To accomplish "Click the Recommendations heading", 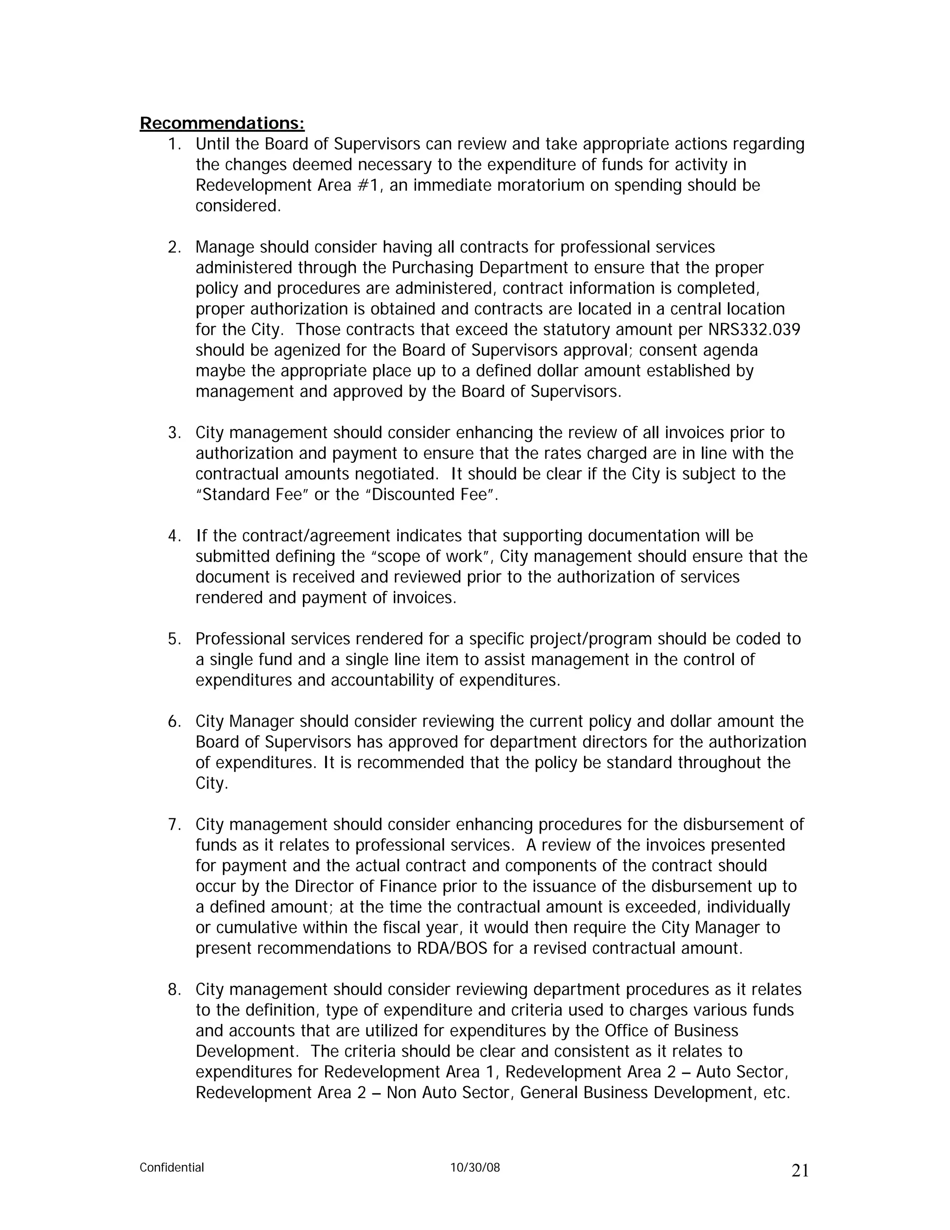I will (222, 123).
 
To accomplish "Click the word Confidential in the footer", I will (172, 1167).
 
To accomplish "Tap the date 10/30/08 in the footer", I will (475, 1167).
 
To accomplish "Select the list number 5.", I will (174, 639).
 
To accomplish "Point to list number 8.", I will (174, 990).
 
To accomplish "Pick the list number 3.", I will (174, 433).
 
